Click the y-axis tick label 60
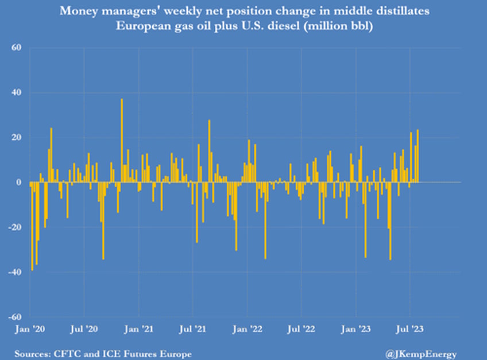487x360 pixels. [x=17, y=48]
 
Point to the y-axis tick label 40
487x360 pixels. [x=17, y=92]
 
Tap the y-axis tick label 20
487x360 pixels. [x=17, y=137]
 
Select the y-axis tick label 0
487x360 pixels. [x=19, y=182]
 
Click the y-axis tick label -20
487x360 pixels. [x=16, y=227]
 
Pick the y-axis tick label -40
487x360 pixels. [x=16, y=272]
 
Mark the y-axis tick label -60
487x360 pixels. [x=16, y=317]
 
